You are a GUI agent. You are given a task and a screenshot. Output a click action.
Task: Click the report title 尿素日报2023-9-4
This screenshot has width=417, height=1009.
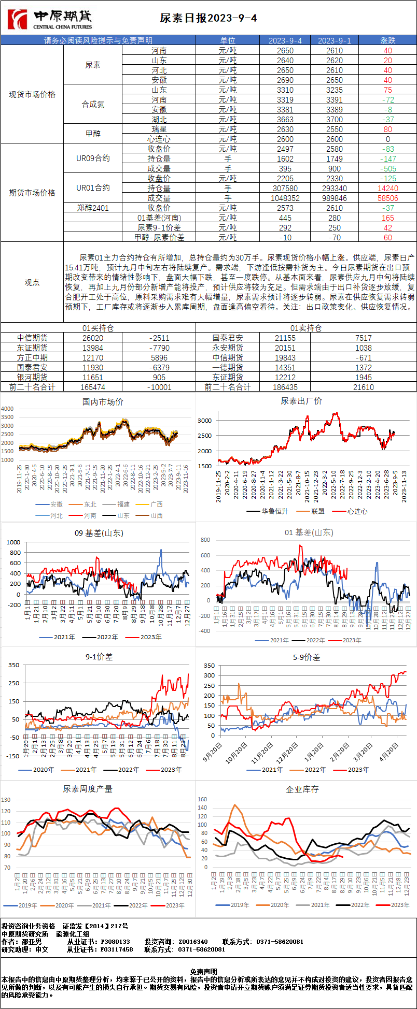(208, 18)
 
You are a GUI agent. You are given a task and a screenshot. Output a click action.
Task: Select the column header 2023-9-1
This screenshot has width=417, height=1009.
(334, 40)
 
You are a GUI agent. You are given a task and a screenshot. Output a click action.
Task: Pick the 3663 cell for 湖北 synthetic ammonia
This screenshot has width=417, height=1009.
(285, 119)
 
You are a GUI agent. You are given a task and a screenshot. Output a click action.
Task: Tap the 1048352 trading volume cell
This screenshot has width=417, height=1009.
(285, 198)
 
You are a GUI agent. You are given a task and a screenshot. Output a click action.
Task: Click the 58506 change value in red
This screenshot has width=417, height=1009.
(387, 198)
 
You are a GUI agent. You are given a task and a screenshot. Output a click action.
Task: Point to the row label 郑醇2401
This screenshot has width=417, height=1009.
(93, 208)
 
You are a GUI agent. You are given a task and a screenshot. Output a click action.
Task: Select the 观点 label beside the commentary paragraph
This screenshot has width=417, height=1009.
(32, 282)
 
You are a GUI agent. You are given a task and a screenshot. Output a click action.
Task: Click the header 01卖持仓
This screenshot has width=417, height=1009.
(306, 328)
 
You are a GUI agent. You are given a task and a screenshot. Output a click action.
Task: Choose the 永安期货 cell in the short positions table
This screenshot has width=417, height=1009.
(227, 348)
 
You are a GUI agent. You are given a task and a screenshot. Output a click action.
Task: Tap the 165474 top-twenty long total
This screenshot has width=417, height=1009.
(93, 387)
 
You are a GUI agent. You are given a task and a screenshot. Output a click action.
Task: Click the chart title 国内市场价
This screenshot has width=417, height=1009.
(103, 401)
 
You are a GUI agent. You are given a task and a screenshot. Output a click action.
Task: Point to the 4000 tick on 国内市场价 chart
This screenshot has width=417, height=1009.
(7, 409)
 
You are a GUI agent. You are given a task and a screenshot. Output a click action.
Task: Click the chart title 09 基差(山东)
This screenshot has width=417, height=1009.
(99, 532)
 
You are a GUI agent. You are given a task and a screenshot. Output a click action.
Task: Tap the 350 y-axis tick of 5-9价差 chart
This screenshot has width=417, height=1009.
(209, 666)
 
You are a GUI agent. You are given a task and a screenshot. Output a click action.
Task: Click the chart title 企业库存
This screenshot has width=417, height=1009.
(302, 789)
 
